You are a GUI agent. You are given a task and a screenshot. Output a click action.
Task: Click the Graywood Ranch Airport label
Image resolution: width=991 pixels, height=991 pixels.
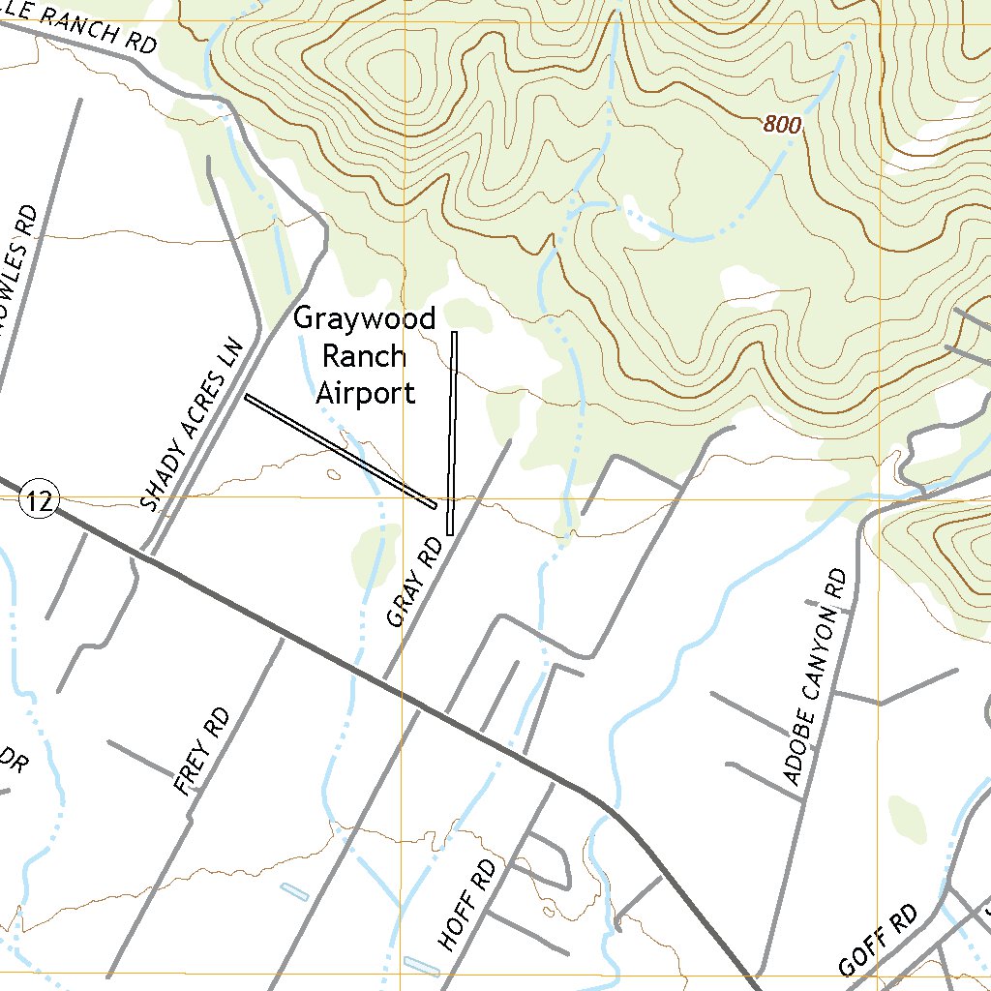tap(365, 356)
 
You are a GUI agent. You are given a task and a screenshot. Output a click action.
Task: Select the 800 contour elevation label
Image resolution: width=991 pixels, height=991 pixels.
tap(783, 125)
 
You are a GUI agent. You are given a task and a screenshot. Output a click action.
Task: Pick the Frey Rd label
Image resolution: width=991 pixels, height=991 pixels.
tap(202, 752)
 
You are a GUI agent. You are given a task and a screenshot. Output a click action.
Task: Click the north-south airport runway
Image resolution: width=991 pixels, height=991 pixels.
tap(452, 433)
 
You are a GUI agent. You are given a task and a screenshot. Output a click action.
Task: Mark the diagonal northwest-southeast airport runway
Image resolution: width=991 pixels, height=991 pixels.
tap(340, 451)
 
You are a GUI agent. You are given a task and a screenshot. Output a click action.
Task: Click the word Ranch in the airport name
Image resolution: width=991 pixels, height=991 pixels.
tap(364, 356)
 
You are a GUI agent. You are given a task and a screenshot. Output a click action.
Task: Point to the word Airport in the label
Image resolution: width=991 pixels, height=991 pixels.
tap(365, 393)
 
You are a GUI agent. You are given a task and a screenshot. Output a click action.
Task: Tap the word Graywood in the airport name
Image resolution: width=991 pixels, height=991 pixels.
tap(365, 318)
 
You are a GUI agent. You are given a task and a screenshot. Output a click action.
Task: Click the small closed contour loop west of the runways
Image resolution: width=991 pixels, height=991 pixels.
tap(334, 474)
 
